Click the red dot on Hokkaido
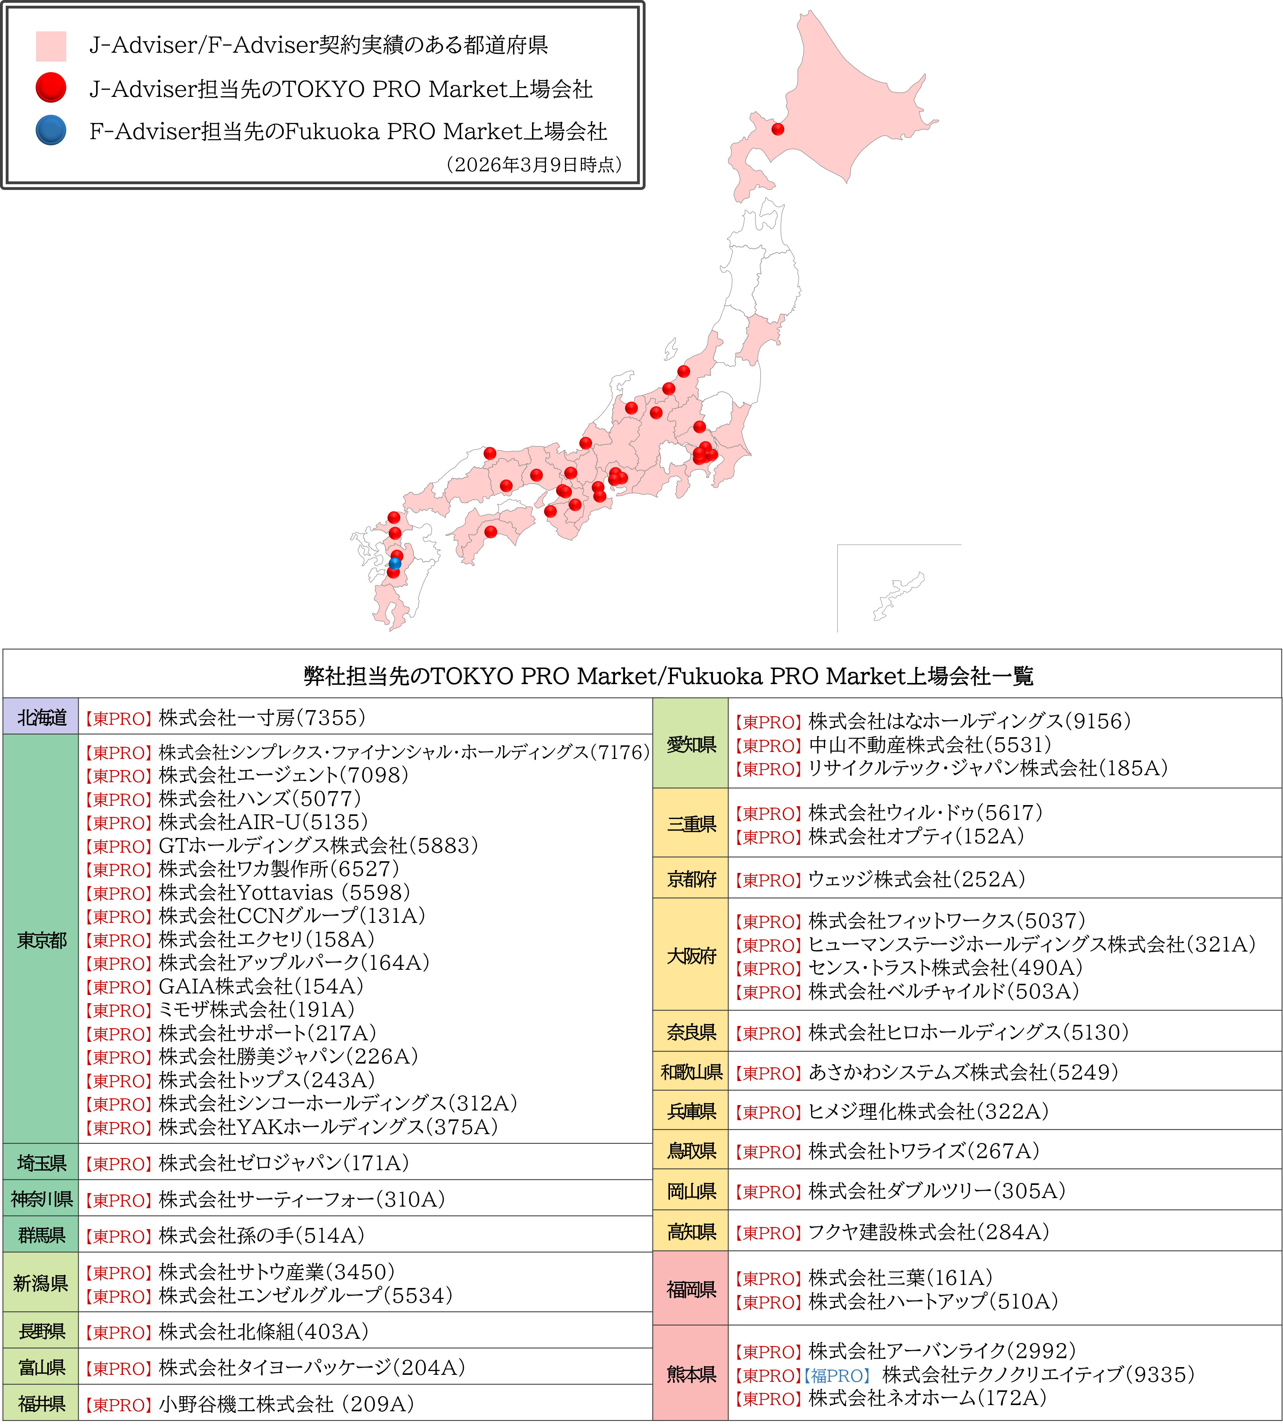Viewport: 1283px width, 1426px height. click(778, 129)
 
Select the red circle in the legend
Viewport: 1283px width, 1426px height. click(51, 88)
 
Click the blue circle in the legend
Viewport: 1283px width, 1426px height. click(51, 131)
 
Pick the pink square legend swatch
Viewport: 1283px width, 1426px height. click(51, 46)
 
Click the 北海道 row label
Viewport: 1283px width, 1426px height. click(41, 717)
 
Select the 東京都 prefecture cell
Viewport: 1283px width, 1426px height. click(41, 940)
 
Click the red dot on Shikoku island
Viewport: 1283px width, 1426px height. click(491, 531)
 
